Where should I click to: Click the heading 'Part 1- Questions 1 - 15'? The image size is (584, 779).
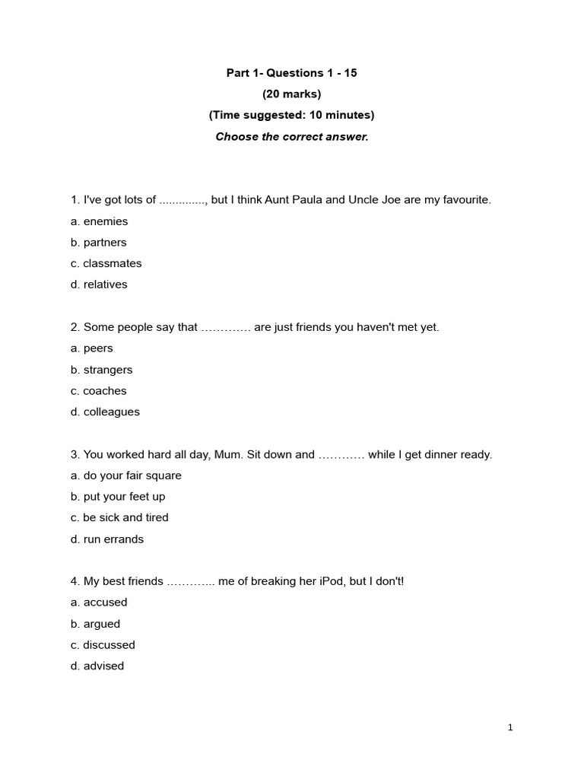(x=291, y=73)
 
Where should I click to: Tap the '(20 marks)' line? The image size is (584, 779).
(x=291, y=94)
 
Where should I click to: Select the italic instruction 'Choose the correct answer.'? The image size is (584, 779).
(x=291, y=137)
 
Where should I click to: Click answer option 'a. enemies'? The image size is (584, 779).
(x=99, y=221)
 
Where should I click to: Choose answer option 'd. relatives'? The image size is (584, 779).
(x=99, y=285)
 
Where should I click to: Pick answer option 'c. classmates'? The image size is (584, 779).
(x=106, y=263)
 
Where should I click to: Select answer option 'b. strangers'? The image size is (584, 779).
(x=101, y=370)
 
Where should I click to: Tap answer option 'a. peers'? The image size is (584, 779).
(x=91, y=348)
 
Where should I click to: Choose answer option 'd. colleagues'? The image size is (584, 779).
(x=105, y=412)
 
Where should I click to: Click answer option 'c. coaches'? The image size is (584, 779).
(x=98, y=391)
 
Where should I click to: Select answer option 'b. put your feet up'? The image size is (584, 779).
(x=118, y=496)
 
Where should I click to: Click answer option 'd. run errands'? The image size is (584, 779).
(x=106, y=539)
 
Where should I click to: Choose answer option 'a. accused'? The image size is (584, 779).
(x=99, y=602)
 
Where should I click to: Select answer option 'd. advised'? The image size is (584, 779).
(x=97, y=666)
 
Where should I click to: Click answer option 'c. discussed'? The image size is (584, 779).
(x=103, y=644)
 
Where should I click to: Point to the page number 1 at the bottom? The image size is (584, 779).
(x=510, y=727)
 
